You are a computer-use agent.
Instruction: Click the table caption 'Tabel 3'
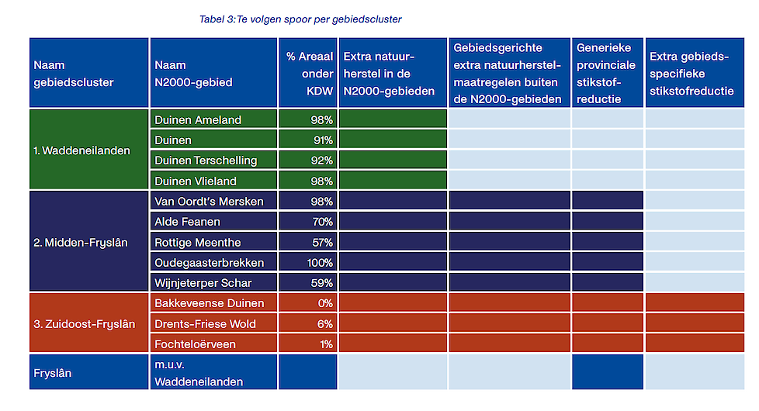(300, 19)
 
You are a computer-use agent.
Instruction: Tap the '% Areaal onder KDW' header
(309, 74)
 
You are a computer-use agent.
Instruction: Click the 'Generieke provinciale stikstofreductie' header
(606, 74)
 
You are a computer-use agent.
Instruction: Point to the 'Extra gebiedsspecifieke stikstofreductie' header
(691, 74)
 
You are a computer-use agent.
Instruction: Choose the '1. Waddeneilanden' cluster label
(81, 150)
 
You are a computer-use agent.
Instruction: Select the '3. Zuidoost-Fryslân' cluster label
(84, 323)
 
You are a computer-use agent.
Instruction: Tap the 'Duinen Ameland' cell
(198, 119)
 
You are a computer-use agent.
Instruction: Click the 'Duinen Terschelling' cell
(206, 161)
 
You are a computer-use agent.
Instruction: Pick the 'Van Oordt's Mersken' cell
(209, 202)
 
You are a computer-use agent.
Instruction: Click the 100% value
(320, 263)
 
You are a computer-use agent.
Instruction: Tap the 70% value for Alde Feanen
(322, 222)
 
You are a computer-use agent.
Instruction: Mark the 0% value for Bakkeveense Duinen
(325, 303)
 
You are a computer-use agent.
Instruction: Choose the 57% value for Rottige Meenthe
(322, 243)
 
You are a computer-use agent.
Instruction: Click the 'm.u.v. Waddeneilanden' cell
(199, 373)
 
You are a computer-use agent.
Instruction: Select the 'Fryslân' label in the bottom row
(52, 373)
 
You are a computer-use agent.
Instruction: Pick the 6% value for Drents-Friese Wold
(326, 323)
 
